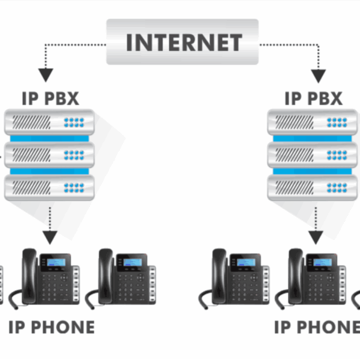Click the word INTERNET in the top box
(x=182, y=43)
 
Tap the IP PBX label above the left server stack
(x=50, y=98)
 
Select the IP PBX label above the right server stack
(x=314, y=98)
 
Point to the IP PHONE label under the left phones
(x=52, y=328)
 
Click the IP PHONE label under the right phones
(x=317, y=328)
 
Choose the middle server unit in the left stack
(x=49, y=155)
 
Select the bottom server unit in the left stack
(x=49, y=187)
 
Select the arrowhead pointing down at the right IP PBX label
(x=318, y=75)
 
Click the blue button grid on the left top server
(x=75, y=123)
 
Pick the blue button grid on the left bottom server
(x=75, y=187)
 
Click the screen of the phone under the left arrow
(x=58, y=263)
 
